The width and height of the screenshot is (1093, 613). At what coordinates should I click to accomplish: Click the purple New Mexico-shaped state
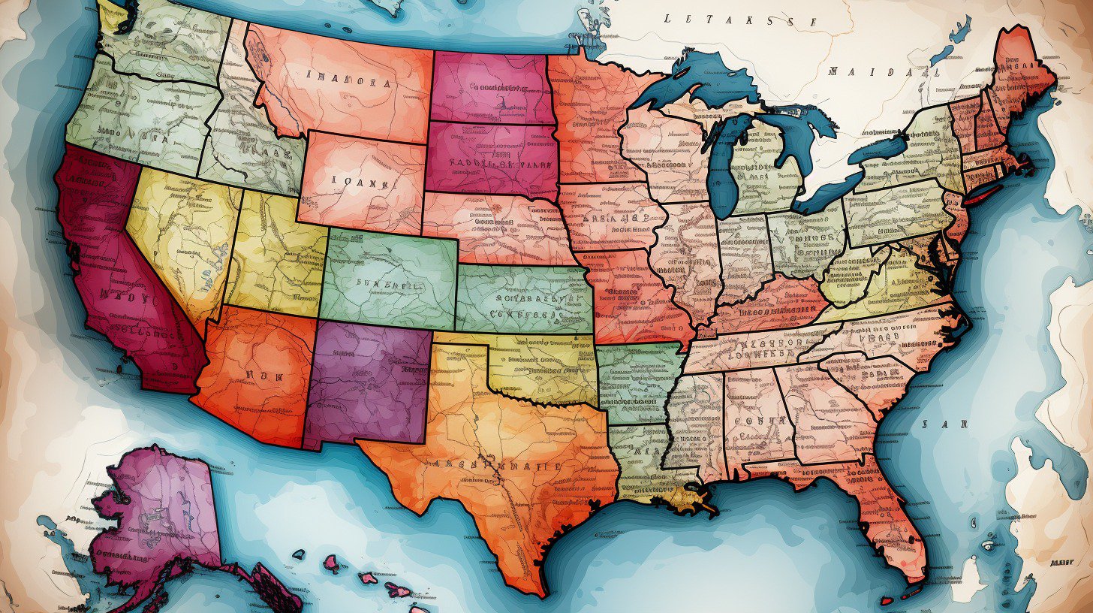[368, 379]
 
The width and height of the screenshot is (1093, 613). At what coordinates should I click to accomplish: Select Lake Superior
[698, 83]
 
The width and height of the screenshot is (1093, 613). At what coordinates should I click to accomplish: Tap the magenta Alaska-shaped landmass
[158, 511]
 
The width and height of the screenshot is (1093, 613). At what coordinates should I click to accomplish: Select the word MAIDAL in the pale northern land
[883, 72]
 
